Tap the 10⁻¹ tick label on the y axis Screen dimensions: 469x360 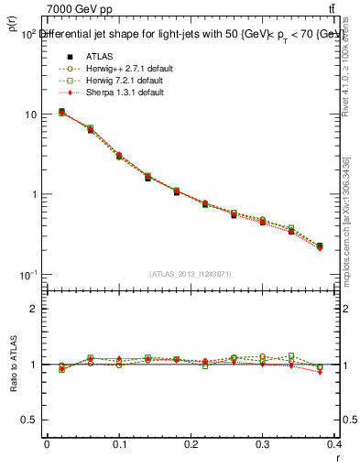pyautogui.click(x=27, y=275)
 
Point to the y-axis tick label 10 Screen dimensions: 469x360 pyautogui.click(x=30, y=115)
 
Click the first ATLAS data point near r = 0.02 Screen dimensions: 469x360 pyautogui.click(x=61, y=112)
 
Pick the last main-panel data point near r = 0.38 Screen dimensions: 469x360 pyautogui.click(x=320, y=246)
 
